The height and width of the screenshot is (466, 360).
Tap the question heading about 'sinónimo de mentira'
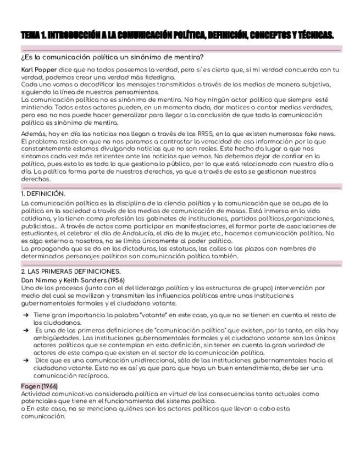(113, 58)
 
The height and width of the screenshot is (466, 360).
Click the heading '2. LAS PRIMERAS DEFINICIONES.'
(70, 271)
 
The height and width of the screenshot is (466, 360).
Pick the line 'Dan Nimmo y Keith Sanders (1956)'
(73, 280)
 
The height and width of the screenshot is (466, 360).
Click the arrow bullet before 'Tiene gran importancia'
(26, 315)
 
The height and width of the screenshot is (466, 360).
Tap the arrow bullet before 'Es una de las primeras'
(26, 330)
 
